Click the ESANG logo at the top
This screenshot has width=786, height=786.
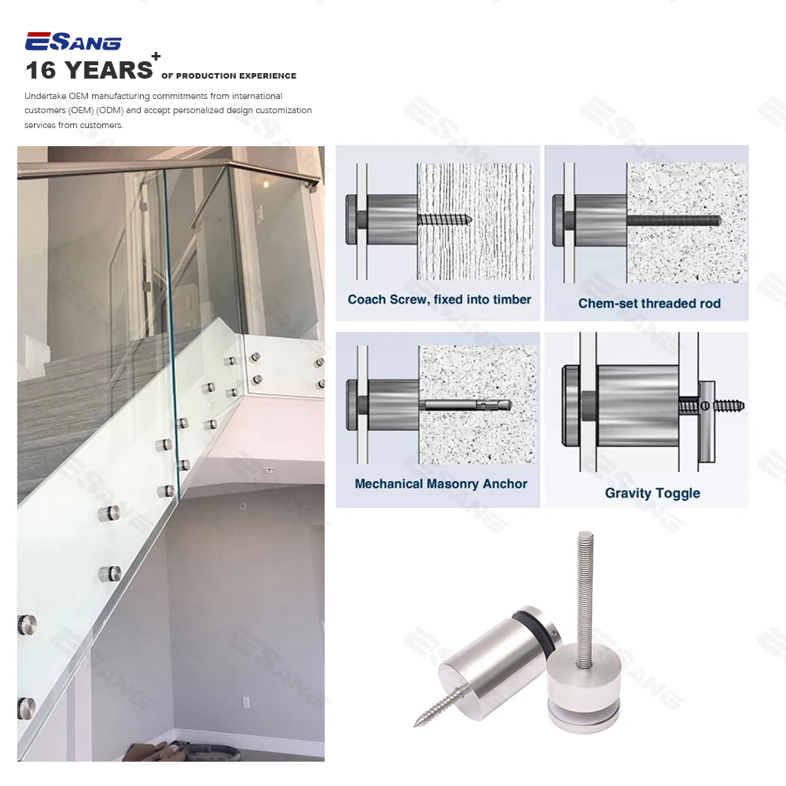tap(73, 42)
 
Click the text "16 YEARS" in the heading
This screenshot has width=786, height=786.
tap(89, 71)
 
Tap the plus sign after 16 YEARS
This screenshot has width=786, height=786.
tap(156, 57)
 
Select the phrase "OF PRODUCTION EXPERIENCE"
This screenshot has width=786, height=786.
tap(229, 76)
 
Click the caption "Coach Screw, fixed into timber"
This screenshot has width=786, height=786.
tap(439, 299)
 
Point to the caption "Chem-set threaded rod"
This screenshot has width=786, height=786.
tap(649, 303)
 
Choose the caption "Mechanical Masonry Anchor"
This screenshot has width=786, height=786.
tap(441, 483)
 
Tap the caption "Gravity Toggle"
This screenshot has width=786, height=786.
tap(652, 493)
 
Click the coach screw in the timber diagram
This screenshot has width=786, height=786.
tap(444, 218)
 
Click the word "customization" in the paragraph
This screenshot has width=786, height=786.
tap(285, 111)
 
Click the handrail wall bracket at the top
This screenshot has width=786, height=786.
tap(313, 185)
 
